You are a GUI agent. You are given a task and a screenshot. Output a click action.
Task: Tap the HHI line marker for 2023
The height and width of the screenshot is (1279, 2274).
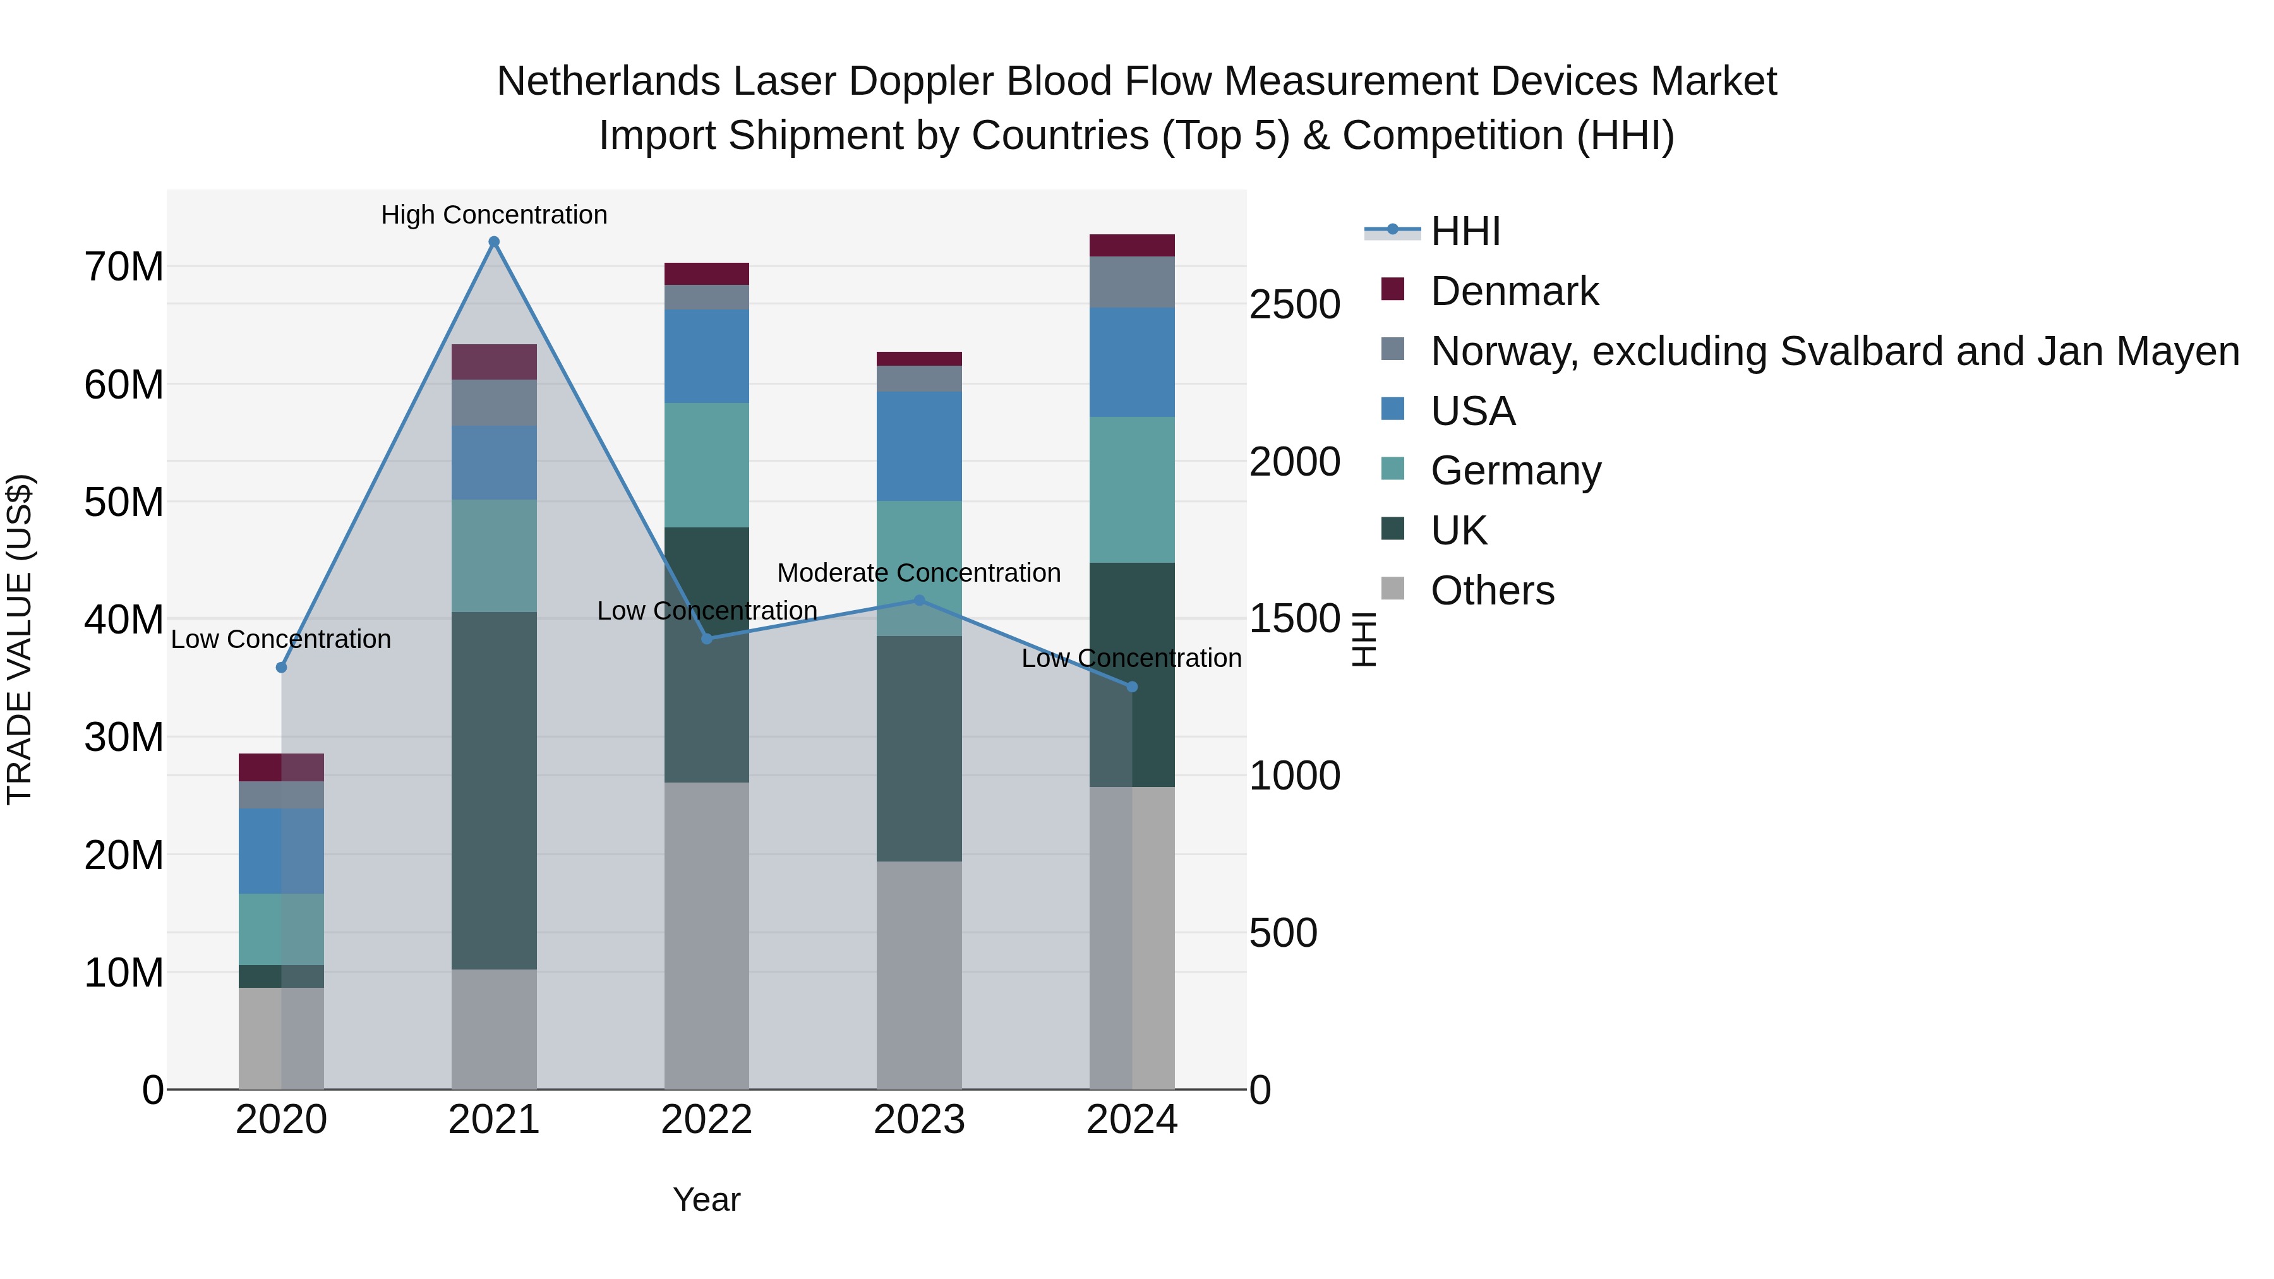pyautogui.click(x=919, y=600)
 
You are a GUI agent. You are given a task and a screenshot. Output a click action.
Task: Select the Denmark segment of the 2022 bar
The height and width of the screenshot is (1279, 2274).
pyautogui.click(x=706, y=273)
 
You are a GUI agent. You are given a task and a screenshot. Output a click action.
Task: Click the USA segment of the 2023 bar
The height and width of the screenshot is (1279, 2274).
pyautogui.click(x=919, y=446)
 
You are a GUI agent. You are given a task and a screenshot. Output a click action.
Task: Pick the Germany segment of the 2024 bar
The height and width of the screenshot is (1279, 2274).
pyautogui.click(x=1132, y=490)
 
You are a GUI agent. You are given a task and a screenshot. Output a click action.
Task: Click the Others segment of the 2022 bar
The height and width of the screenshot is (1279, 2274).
pyautogui.click(x=706, y=935)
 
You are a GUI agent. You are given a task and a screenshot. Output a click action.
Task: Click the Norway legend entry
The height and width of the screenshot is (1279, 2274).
pyautogui.click(x=1834, y=351)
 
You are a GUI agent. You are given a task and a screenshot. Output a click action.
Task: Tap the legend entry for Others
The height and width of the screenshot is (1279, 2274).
pyautogui.click(x=1492, y=591)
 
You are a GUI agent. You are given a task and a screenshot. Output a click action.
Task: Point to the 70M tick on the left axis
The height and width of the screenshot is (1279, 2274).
pyautogui.click(x=124, y=267)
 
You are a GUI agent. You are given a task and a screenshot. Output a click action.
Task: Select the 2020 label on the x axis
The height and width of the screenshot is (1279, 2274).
pyautogui.click(x=282, y=1120)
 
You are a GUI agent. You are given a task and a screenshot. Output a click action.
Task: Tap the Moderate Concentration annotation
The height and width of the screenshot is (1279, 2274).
pyautogui.click(x=919, y=573)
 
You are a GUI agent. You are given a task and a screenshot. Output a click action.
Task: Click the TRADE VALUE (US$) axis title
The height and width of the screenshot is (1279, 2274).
pyautogui.click(x=20, y=639)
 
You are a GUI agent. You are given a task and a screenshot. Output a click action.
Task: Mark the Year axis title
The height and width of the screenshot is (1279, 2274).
pyautogui.click(x=706, y=1199)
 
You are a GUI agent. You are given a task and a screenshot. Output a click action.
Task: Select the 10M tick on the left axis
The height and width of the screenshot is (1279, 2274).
pyautogui.click(x=124, y=973)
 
